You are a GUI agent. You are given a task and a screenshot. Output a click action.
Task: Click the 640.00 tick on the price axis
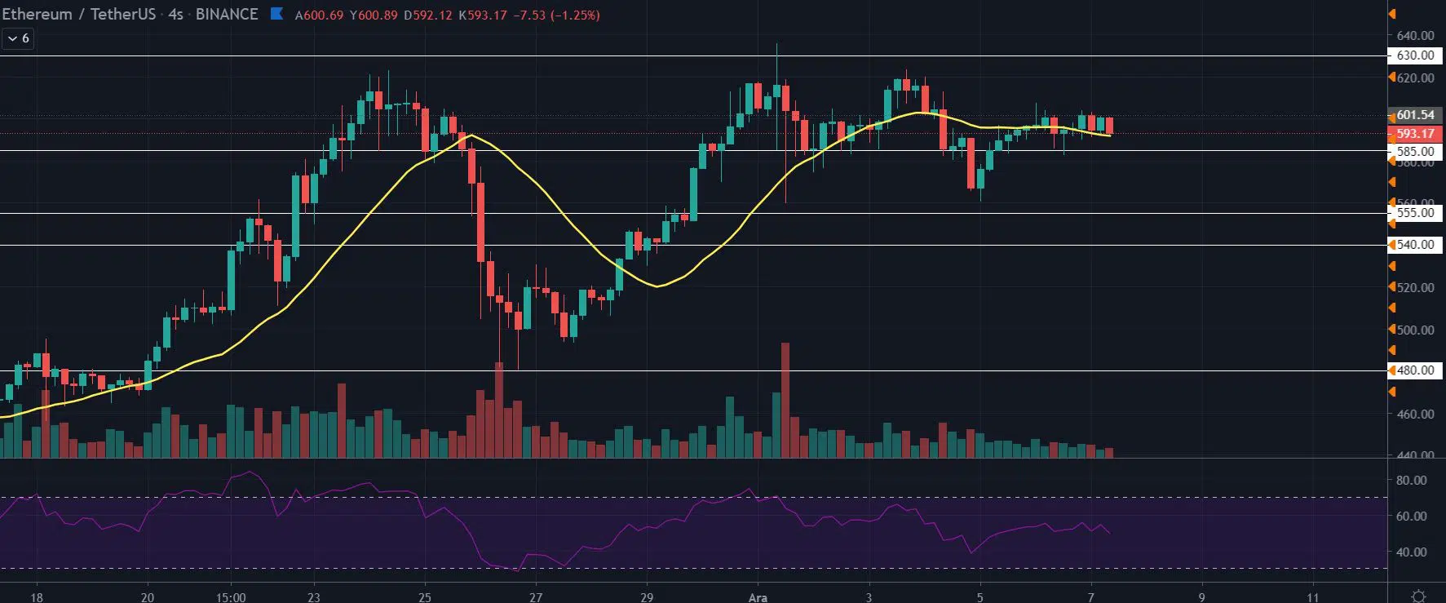[x=1415, y=36]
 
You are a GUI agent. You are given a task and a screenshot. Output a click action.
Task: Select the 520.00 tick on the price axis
[x=1415, y=287]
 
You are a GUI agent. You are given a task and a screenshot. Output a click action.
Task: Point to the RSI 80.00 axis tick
[x=1411, y=481]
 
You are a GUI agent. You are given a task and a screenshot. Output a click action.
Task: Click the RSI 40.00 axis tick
[x=1411, y=552]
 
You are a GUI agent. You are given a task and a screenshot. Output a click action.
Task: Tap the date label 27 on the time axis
[x=536, y=597]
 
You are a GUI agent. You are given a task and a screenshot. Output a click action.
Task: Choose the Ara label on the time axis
[x=758, y=597]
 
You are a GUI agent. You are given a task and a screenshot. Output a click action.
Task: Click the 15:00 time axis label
[x=232, y=597]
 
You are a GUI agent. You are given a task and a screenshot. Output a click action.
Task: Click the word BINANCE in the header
[x=227, y=15]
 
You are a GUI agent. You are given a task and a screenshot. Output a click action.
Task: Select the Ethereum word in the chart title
[x=37, y=15]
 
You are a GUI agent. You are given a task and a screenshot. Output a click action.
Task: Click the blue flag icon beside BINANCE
[x=277, y=14]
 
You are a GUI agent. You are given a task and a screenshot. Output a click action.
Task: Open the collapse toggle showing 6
[x=18, y=38]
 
